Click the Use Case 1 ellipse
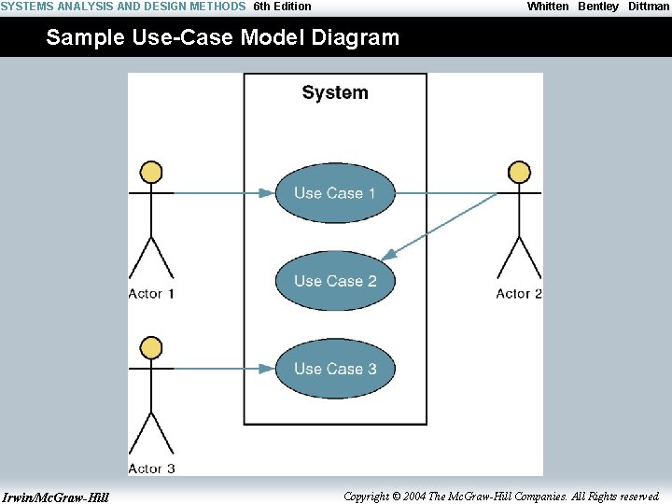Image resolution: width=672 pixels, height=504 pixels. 335,193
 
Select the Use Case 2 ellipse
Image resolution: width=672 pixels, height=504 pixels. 335,281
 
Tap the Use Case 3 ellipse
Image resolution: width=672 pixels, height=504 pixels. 335,369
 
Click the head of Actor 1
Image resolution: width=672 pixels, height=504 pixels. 150,172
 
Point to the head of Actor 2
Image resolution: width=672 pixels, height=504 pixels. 519,172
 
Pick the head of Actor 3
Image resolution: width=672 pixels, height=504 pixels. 150,348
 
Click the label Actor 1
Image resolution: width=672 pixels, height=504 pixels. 151,294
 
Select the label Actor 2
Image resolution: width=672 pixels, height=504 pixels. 519,294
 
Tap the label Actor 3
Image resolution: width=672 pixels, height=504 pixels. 151,469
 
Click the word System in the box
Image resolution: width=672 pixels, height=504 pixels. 335,92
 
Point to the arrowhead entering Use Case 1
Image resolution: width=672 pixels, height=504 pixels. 267,193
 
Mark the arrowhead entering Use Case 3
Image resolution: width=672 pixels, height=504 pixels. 267,369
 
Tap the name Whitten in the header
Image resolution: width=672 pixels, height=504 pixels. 548,7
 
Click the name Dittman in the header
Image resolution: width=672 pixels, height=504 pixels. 648,7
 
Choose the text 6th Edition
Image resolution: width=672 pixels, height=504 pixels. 282,7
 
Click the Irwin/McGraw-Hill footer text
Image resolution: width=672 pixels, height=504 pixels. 56,497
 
